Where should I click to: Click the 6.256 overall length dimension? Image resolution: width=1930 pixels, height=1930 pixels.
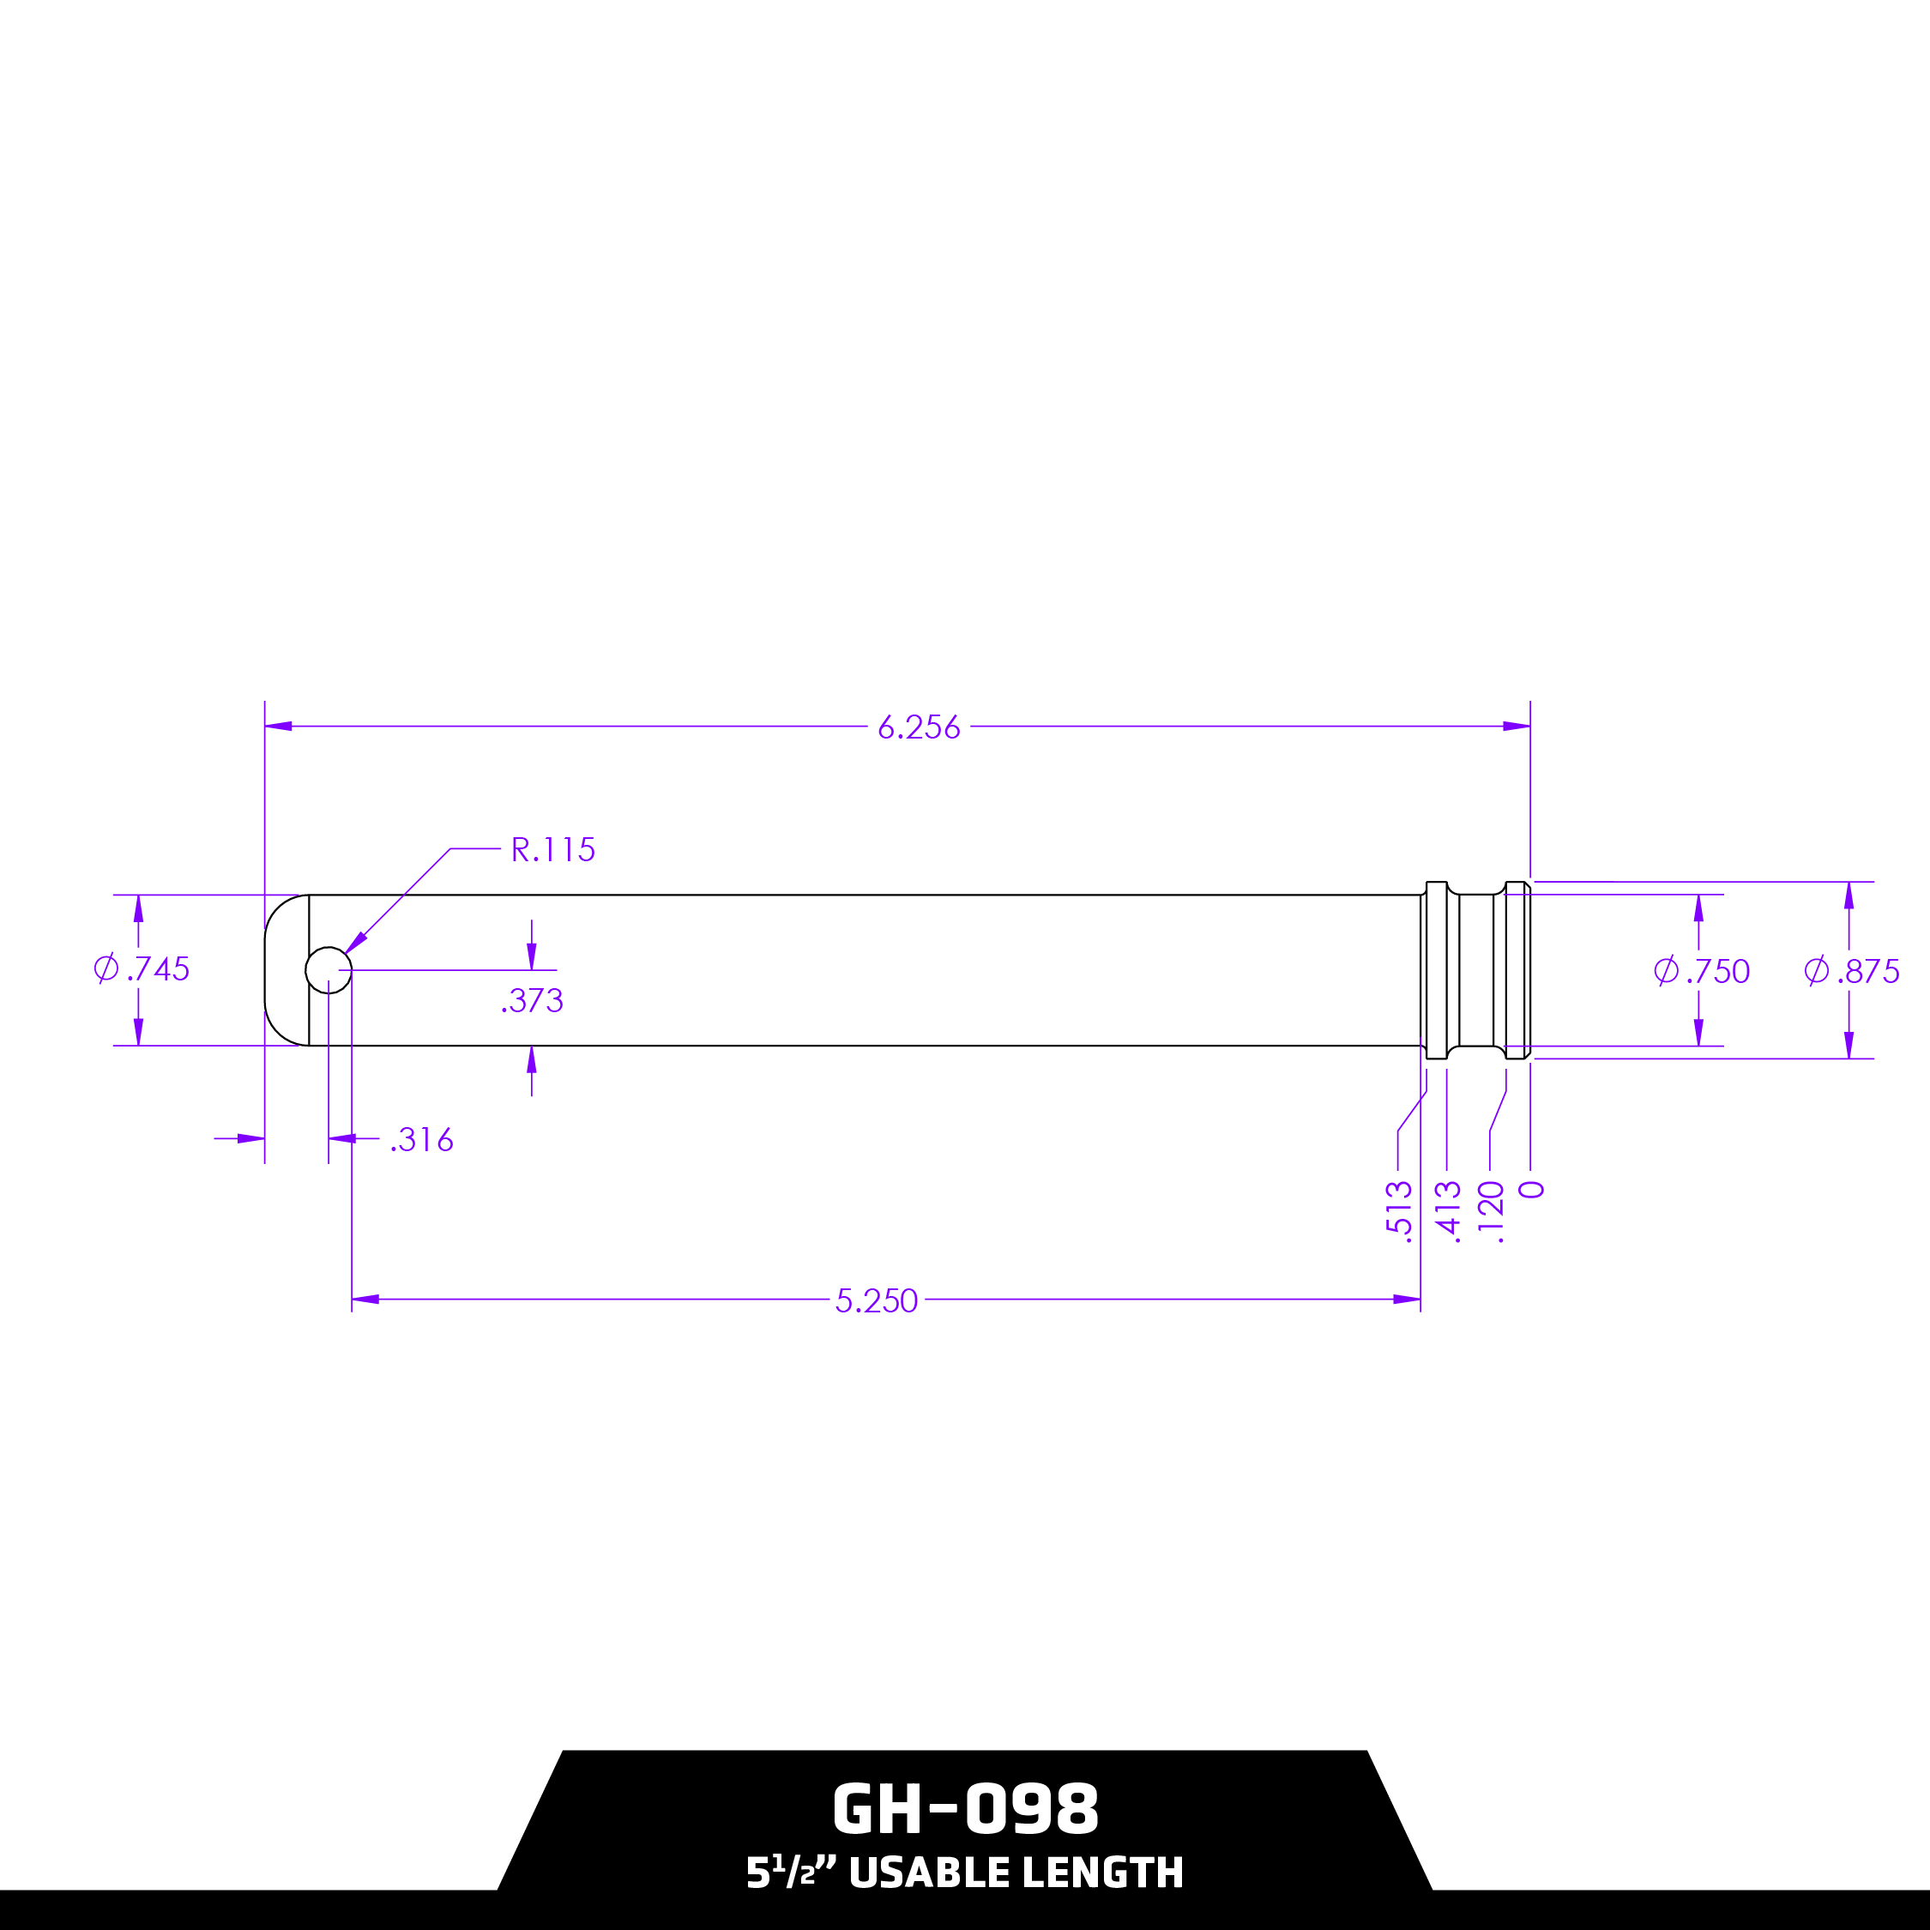918,727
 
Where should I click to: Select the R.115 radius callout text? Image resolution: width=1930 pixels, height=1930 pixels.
552,850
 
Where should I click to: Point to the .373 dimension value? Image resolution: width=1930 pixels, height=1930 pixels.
533,1001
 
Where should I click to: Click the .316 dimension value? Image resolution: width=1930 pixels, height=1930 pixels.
421,1140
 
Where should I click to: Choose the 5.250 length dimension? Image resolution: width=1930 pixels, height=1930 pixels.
876,1300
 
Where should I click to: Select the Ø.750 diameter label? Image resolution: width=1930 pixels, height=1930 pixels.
1701,971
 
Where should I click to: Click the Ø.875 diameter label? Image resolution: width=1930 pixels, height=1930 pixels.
1851,971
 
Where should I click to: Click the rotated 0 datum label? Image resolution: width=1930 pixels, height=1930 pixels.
1531,1190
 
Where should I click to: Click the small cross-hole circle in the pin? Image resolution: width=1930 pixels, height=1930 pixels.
329,970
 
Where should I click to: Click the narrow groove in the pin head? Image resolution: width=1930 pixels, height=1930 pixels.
1475,970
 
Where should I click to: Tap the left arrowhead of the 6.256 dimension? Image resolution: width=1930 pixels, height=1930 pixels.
279,727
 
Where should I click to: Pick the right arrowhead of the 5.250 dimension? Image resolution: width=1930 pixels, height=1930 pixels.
1407,1300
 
